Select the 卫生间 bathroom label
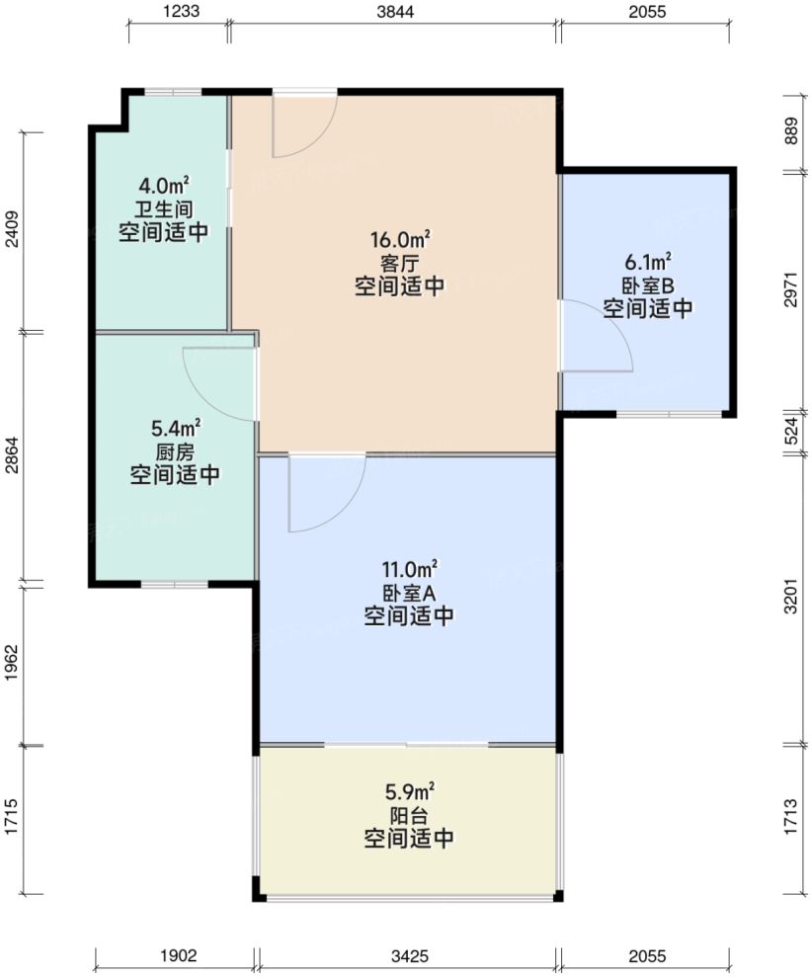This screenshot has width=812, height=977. tap(164, 208)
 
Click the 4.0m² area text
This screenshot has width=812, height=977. tap(164, 186)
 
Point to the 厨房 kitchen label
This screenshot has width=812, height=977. tap(175, 451)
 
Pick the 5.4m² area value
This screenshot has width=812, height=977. tap(175, 428)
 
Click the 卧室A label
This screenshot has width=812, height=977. tap(408, 593)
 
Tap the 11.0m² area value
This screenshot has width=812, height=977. tap(408, 569)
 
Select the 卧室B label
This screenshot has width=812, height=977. tap(648, 285)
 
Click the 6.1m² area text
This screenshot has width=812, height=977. tap(648, 262)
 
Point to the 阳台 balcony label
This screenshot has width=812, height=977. tap(408, 816)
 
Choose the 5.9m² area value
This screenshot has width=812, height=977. tap(408, 792)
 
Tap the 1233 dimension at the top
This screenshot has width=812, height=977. tap(179, 12)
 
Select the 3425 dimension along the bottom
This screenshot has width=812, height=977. tap(408, 956)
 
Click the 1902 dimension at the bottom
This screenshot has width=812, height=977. tap(178, 956)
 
